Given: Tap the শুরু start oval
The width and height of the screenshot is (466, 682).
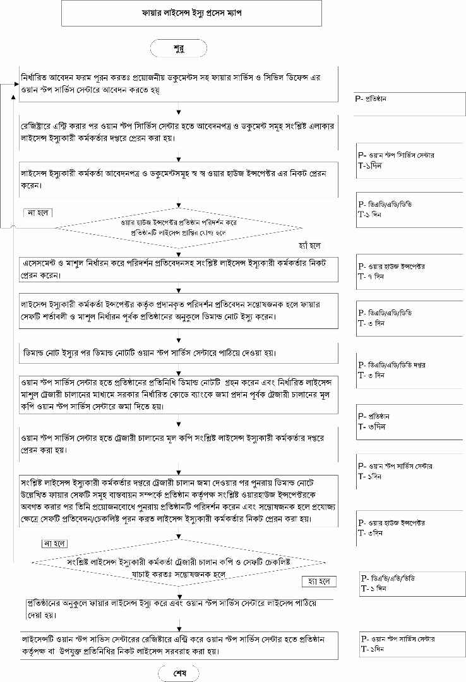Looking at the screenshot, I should (x=178, y=47).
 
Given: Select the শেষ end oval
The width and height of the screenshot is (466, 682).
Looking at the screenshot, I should (x=179, y=672).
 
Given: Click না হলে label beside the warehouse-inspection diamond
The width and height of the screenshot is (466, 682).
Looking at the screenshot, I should (x=38, y=213).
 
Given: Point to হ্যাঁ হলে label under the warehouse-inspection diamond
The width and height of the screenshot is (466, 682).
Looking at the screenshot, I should (x=310, y=244).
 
